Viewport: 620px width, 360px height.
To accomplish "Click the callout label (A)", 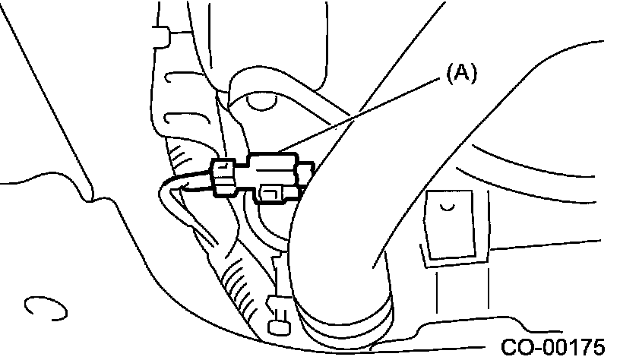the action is point(460,73).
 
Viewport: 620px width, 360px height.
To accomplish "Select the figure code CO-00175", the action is point(543,347).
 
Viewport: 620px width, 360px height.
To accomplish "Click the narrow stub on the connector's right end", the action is point(306,173).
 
